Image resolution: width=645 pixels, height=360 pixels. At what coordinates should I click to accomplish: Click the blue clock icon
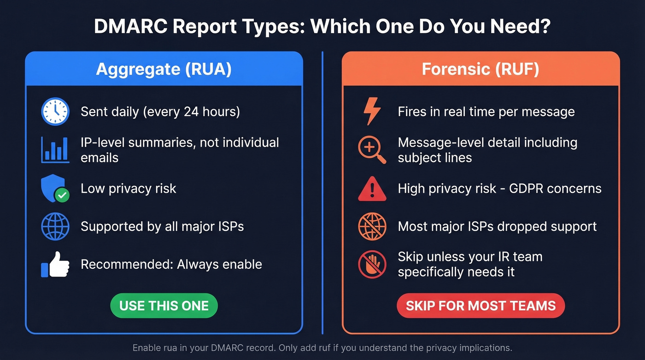pos(55,112)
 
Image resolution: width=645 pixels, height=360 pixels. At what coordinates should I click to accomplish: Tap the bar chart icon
pos(55,149)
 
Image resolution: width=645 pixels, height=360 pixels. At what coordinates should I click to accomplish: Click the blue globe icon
pos(55,226)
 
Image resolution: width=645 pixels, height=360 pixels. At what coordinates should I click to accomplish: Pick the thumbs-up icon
pos(55,265)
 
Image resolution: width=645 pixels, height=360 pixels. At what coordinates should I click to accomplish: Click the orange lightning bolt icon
pos(372,112)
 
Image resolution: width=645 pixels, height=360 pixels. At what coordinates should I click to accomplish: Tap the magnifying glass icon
pos(372,150)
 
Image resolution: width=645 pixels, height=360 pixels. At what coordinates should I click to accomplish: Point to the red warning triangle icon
pos(372,189)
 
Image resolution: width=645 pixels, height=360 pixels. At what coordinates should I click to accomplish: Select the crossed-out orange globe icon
pos(372,226)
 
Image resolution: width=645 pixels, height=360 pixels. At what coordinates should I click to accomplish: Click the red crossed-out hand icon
pos(372,265)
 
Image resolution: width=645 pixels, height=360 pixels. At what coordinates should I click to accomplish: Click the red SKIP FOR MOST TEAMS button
pos(481,306)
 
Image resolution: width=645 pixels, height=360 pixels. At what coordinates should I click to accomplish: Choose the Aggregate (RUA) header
pos(164,69)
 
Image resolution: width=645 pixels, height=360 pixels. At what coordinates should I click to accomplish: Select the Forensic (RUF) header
pos(481,69)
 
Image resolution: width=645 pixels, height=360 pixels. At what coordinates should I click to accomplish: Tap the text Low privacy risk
pos(129,189)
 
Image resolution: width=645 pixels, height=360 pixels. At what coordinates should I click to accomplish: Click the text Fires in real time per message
pos(486,112)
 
